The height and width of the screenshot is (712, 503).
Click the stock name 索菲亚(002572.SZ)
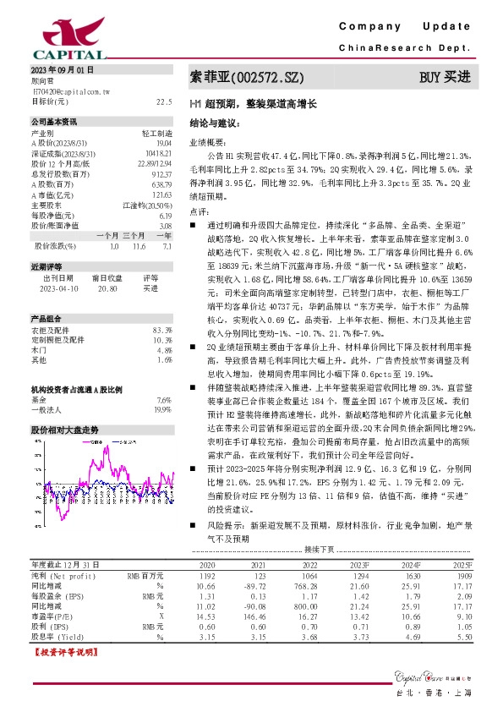coord(246,78)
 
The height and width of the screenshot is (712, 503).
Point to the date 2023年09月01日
coord(63,68)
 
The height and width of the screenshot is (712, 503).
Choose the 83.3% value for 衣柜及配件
coord(161,329)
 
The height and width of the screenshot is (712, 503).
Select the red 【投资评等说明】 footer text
coord(63,653)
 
